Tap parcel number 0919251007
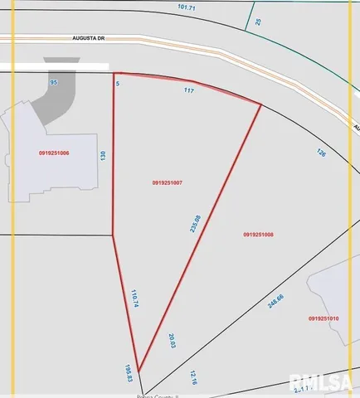click(168, 182)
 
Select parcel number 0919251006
click(54, 153)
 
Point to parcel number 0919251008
click(259, 235)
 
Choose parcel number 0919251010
click(324, 318)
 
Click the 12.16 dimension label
click(192, 377)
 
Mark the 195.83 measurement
click(129, 373)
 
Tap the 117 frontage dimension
click(189, 91)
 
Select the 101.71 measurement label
click(187, 7)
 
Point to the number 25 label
click(258, 21)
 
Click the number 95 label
click(53, 83)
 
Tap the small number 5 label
click(118, 83)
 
